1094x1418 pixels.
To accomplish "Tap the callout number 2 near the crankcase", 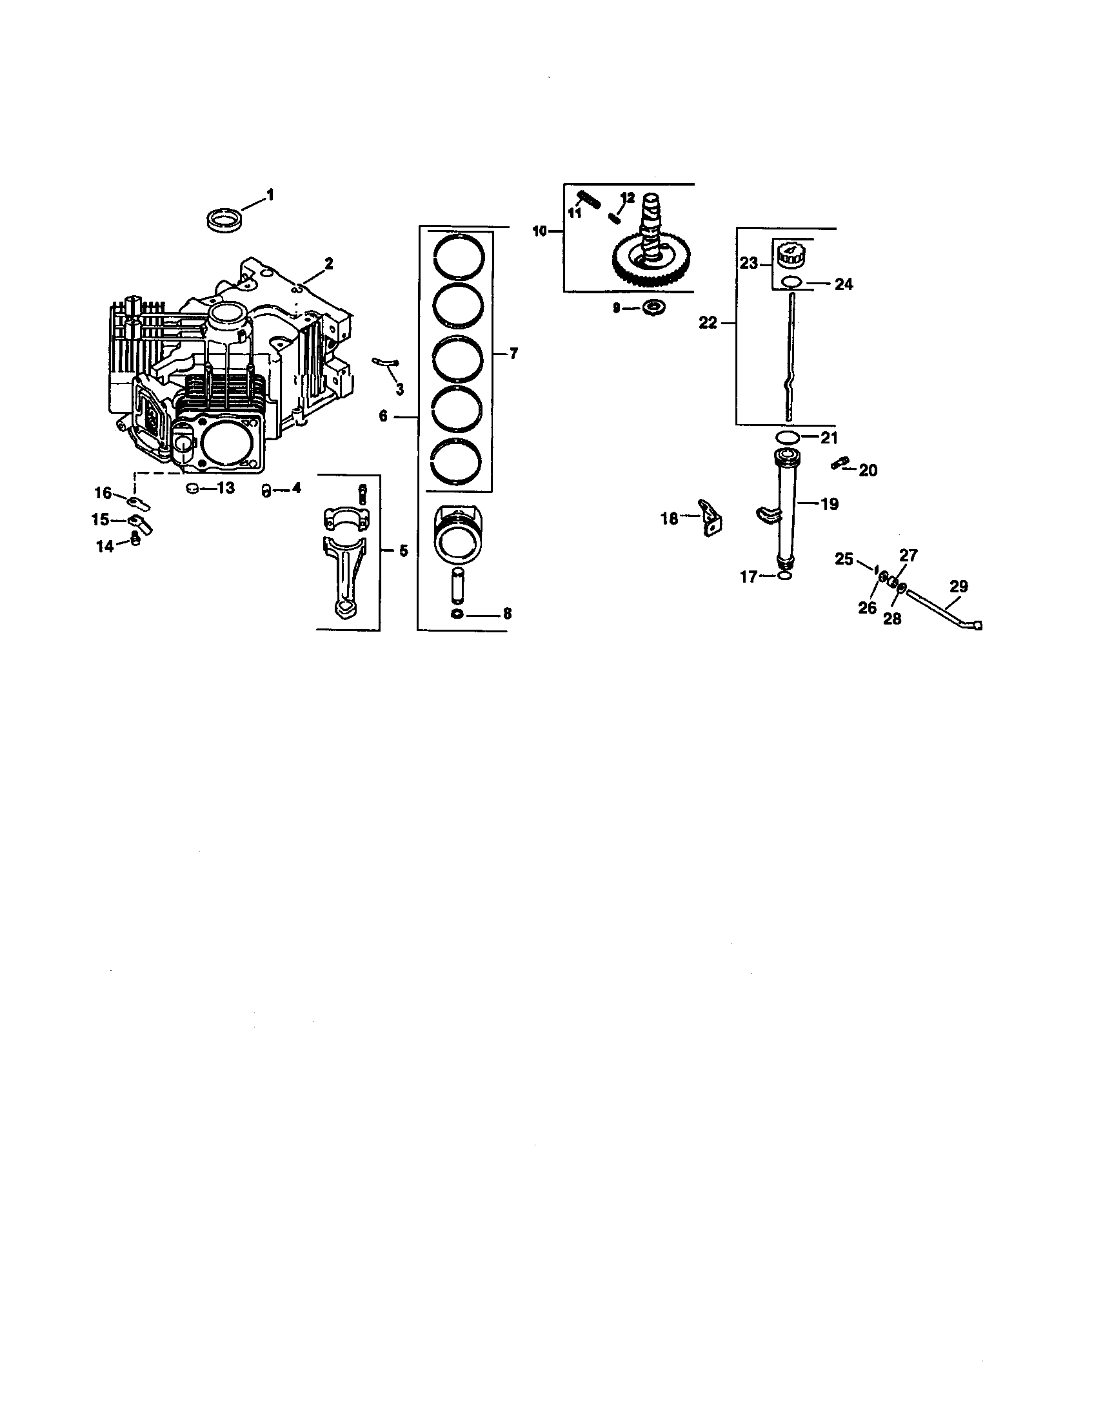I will point(329,264).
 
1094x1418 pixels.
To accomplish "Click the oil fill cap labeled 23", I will point(790,255).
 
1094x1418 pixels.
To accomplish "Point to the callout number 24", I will point(843,284).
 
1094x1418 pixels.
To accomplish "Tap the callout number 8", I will point(507,614).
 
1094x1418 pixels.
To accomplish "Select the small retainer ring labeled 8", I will point(457,614).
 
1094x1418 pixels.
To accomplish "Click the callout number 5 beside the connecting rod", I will point(403,551).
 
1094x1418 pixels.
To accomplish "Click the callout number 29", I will point(959,587).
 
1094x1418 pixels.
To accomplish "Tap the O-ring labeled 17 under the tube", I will point(785,576).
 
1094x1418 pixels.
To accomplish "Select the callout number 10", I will point(540,231).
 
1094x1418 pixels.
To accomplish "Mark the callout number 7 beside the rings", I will point(513,354).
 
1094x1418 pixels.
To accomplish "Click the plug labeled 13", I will point(192,489).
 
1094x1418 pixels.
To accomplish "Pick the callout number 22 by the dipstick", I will point(708,323).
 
